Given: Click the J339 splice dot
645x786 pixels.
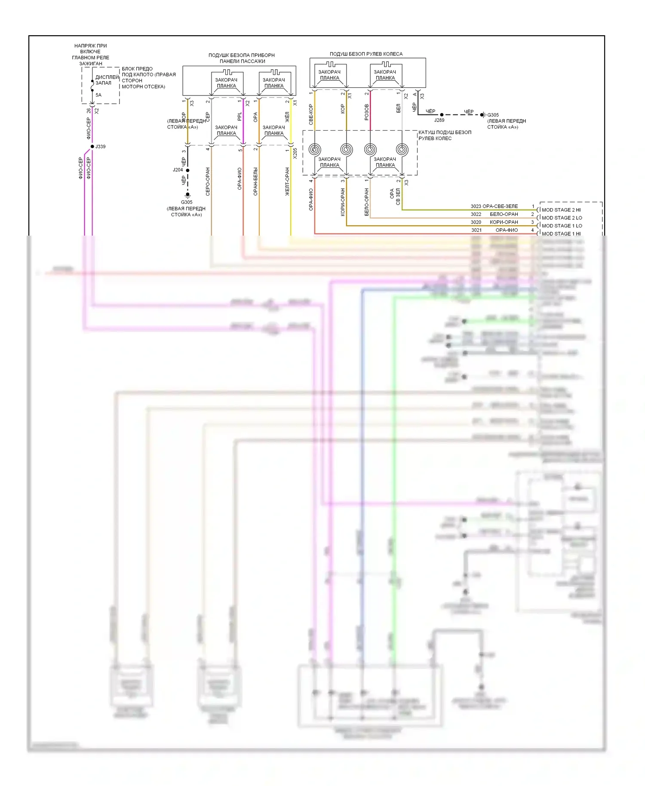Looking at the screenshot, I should [92, 147].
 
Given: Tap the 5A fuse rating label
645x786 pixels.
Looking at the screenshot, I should [98, 95].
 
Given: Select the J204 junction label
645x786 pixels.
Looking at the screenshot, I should [178, 170].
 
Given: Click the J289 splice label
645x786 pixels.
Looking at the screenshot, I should [439, 120].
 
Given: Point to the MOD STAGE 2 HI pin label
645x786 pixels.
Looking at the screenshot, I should [561, 210].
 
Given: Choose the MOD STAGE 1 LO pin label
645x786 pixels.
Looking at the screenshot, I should [562, 226].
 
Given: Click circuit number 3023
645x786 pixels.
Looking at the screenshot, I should [476, 206].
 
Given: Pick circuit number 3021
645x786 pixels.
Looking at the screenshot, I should [476, 230].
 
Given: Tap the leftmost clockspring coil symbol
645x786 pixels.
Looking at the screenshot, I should [315, 150].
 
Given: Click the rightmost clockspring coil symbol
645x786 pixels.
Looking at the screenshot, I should [402, 150].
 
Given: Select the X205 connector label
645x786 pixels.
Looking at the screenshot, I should [295, 154].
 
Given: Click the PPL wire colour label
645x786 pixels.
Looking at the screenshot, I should [240, 117].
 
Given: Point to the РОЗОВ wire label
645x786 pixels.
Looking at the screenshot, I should [367, 112].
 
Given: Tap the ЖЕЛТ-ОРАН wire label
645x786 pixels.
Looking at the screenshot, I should [287, 181].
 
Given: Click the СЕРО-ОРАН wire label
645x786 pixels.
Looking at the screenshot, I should [208, 181].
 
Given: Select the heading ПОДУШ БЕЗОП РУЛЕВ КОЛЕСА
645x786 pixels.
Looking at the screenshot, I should [366, 54].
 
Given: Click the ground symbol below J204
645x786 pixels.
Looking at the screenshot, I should [187, 195].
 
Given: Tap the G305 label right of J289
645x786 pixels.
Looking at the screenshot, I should [493, 115].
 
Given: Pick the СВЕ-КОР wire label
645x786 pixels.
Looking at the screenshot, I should [311, 114].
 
